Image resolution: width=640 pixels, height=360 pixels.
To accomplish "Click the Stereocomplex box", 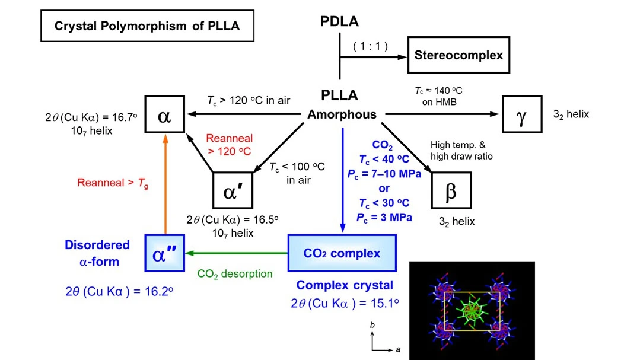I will pyautogui.click(x=458, y=55).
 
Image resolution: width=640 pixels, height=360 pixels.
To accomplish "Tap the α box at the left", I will pyautogui.click(x=164, y=115).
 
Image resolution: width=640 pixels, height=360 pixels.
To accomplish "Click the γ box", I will pyautogui.click(x=521, y=115).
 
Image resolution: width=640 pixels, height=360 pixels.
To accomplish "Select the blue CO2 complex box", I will pyautogui.click(x=342, y=254).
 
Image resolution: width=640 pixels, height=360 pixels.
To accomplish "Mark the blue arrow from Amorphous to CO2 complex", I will pyautogui.click(x=343, y=178).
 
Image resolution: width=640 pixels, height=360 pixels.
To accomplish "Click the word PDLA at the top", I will pyautogui.click(x=340, y=22).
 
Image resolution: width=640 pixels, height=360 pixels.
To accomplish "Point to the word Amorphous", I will pyautogui.click(x=342, y=115).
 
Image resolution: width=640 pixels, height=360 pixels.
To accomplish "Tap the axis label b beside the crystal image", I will pyautogui.click(x=372, y=326).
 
